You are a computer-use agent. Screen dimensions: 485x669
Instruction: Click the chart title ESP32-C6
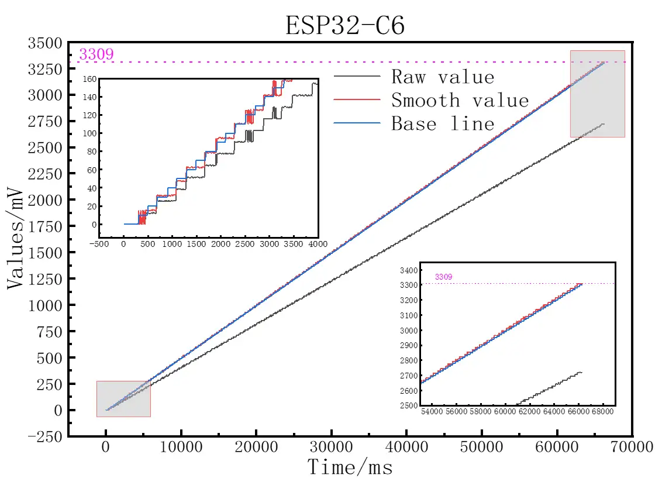344,26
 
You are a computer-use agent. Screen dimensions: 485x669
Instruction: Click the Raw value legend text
442,77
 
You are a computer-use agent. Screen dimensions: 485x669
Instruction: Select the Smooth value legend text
460,101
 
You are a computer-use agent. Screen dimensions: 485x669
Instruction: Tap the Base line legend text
442,124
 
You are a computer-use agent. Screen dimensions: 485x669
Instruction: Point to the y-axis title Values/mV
18,239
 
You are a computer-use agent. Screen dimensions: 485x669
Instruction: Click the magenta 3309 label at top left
96,54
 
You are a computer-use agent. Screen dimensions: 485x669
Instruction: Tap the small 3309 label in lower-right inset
443,277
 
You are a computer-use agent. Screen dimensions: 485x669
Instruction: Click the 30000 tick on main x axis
331,448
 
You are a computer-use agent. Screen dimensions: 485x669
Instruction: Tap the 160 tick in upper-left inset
89,78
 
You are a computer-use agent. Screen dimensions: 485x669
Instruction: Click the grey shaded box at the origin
123,399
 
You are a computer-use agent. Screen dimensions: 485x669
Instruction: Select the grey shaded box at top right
597,94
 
